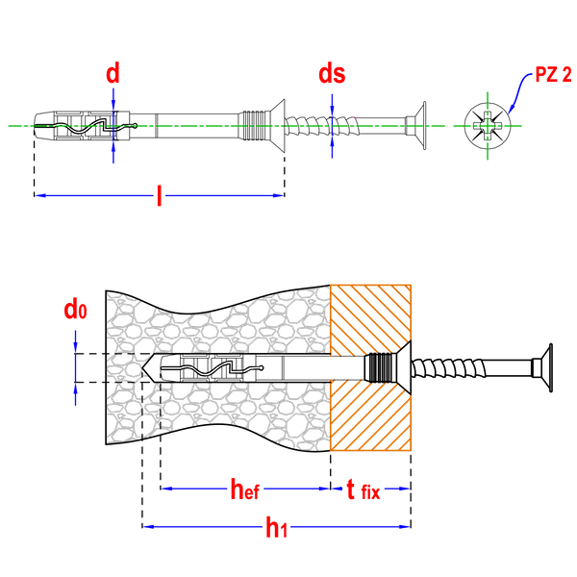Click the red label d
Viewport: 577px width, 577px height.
click(x=113, y=73)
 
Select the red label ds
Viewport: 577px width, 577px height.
click(x=332, y=74)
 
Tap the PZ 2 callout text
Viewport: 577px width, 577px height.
click(x=554, y=74)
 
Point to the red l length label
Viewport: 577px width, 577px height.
click(x=159, y=195)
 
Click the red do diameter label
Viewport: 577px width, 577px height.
click(x=75, y=310)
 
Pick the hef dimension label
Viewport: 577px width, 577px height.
click(x=244, y=489)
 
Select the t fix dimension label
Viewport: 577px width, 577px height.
click(x=363, y=490)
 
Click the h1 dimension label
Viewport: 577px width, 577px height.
click(x=276, y=527)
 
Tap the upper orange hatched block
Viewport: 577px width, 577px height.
click(x=371, y=314)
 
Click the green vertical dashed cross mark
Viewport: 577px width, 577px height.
click(x=488, y=125)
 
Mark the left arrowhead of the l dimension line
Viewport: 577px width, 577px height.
click(x=40, y=195)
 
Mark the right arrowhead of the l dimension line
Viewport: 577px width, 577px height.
click(x=278, y=195)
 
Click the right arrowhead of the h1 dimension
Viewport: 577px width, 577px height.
click(x=404, y=527)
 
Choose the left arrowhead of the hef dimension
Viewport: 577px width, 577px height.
click(x=167, y=489)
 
